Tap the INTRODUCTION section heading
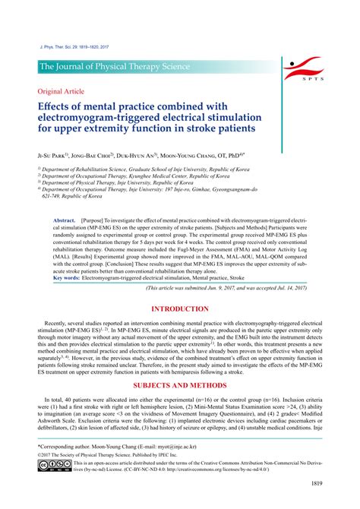pos(179,288)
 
